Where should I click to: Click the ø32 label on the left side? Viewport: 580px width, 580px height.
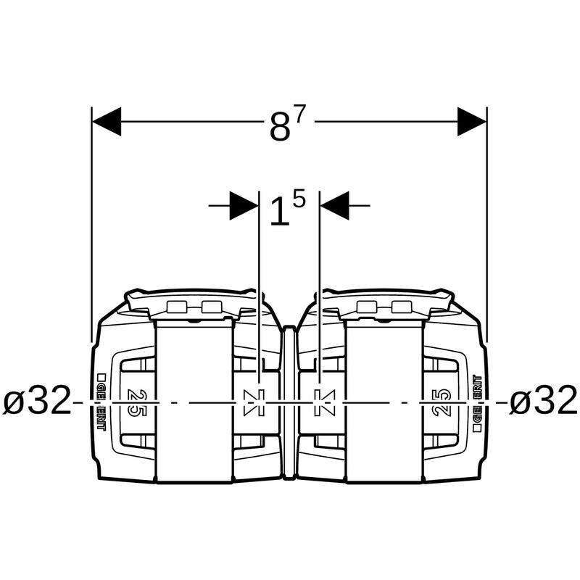point(37,400)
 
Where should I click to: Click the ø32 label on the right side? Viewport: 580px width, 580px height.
point(543,400)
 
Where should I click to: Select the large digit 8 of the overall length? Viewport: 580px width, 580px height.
point(280,127)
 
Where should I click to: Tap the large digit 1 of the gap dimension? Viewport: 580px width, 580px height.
point(279,212)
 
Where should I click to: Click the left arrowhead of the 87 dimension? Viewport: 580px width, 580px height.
point(107,121)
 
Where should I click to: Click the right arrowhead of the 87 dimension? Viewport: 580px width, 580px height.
point(472,121)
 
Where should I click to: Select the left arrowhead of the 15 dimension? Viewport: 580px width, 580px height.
point(244,205)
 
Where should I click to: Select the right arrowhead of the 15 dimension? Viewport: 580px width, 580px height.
point(335,205)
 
